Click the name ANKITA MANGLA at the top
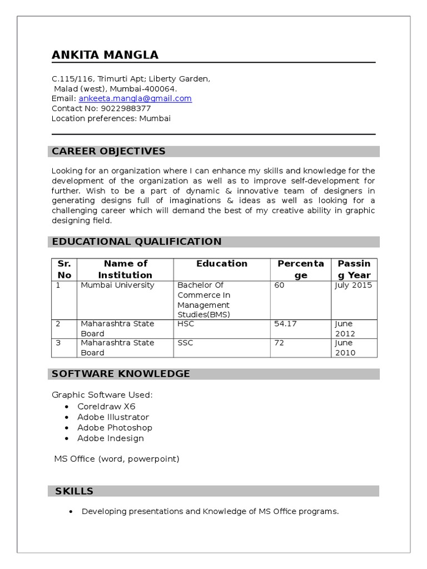click(105, 54)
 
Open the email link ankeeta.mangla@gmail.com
click(135, 98)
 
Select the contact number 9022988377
click(126, 108)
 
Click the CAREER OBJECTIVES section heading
click(108, 151)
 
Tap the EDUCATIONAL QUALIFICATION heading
click(136, 241)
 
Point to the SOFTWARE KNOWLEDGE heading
click(121, 373)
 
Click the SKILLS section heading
click(74, 491)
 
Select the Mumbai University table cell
click(117, 285)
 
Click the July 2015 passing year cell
click(353, 285)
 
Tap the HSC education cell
click(186, 323)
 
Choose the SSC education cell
click(185, 343)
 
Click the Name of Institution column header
click(125, 269)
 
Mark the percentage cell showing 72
click(279, 343)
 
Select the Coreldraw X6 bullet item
click(106, 406)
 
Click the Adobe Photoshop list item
click(115, 427)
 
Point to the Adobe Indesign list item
click(111, 438)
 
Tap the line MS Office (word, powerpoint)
click(117, 458)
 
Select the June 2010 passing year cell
click(345, 348)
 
